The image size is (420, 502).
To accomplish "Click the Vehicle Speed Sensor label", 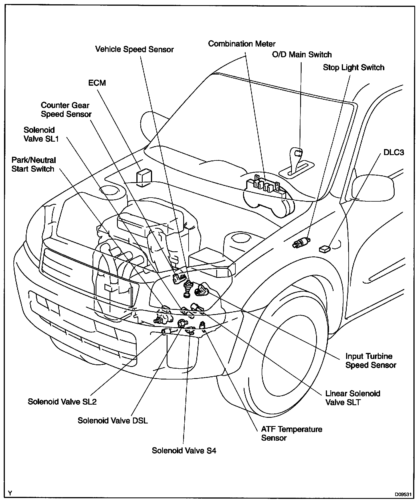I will pyautogui.click(x=134, y=49).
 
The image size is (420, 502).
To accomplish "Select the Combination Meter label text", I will pyautogui.click(x=242, y=44).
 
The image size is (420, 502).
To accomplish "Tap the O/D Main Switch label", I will pyautogui.click(x=302, y=55).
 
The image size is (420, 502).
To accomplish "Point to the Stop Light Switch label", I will pyautogui.click(x=354, y=68).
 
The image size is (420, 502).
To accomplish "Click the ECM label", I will pyautogui.click(x=97, y=83).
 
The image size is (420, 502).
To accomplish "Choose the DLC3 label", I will pyautogui.click(x=394, y=152).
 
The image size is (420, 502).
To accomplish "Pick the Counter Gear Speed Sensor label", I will pyautogui.click(x=66, y=110).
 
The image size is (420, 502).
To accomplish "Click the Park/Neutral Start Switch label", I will pyautogui.click(x=33, y=164).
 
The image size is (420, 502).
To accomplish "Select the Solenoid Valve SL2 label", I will pyautogui.click(x=62, y=402).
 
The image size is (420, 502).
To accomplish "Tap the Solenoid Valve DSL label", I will pyautogui.click(x=113, y=421).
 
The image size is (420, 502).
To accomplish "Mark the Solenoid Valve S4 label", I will pyautogui.click(x=184, y=451).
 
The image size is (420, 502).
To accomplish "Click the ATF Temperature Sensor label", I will pyautogui.click(x=291, y=433).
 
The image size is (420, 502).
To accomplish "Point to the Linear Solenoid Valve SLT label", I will pyautogui.click(x=353, y=398).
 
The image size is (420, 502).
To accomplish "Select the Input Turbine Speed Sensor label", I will pyautogui.click(x=371, y=361).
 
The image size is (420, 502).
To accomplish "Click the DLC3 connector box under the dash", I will pyautogui.click(x=324, y=249).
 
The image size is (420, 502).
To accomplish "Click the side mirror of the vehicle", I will pyautogui.click(x=373, y=187).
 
